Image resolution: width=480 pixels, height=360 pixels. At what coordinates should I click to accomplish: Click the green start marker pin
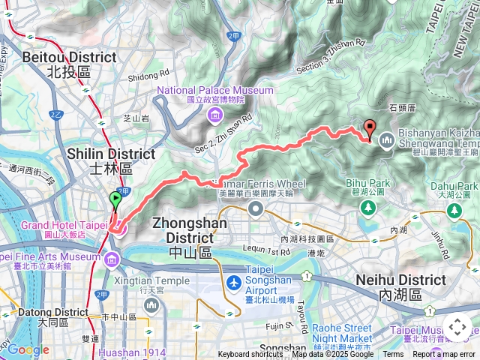pos(115,200)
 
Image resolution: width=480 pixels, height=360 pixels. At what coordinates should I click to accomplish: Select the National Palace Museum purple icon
pos(215,114)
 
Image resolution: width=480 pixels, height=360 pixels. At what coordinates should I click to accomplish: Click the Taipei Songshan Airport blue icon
pos(234,284)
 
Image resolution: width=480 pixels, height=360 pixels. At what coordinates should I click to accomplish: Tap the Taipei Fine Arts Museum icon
pos(112,260)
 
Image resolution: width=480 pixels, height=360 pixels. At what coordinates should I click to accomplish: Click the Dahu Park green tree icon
pos(455,211)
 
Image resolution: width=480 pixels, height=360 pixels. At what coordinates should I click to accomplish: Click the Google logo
pos(28,349)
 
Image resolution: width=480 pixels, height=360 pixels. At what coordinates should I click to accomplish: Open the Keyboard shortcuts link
pos(250,355)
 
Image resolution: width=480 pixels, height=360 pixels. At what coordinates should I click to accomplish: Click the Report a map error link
pos(445,355)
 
